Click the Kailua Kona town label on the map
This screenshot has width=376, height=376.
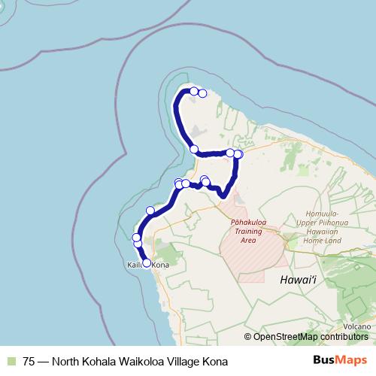point(143,265)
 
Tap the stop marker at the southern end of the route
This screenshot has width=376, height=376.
point(147,263)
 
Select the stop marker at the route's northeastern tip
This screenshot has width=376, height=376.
point(202,93)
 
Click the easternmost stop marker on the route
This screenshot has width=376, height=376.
point(238,154)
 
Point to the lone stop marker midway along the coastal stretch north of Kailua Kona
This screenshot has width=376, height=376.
point(150,211)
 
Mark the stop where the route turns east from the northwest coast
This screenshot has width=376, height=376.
point(194,149)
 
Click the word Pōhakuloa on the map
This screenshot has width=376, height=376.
point(244,223)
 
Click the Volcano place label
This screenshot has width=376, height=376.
point(358,326)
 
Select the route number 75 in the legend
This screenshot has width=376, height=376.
point(29,361)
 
